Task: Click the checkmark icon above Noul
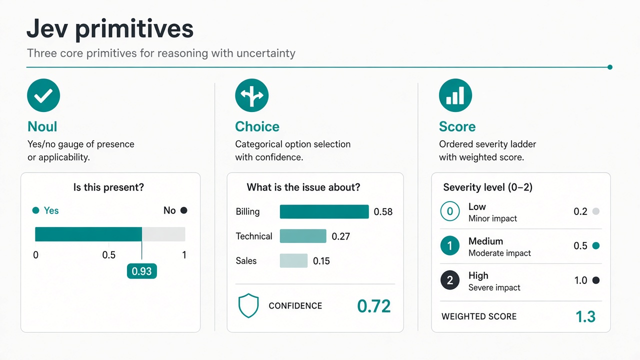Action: pos(43,95)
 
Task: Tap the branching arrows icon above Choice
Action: pos(251,95)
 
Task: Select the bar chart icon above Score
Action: pos(455,95)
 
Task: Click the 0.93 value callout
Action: pos(141,271)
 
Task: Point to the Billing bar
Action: pos(324,211)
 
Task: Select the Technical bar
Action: pos(303,236)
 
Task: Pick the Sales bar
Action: pos(293,260)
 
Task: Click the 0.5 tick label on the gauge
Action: pos(109,255)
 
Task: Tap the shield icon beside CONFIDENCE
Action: pos(248,305)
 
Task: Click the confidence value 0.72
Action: pos(373,306)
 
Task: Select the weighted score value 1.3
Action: pos(585,316)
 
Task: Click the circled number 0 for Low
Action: pos(450,211)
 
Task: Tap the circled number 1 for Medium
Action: pos(450,245)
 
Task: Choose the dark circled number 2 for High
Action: pos(450,280)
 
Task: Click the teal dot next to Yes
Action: pos(35,210)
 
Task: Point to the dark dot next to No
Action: pos(184,210)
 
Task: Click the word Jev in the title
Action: pos(47,28)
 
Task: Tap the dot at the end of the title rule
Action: pos(610,67)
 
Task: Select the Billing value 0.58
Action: pos(383,211)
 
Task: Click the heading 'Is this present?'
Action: pos(108,187)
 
